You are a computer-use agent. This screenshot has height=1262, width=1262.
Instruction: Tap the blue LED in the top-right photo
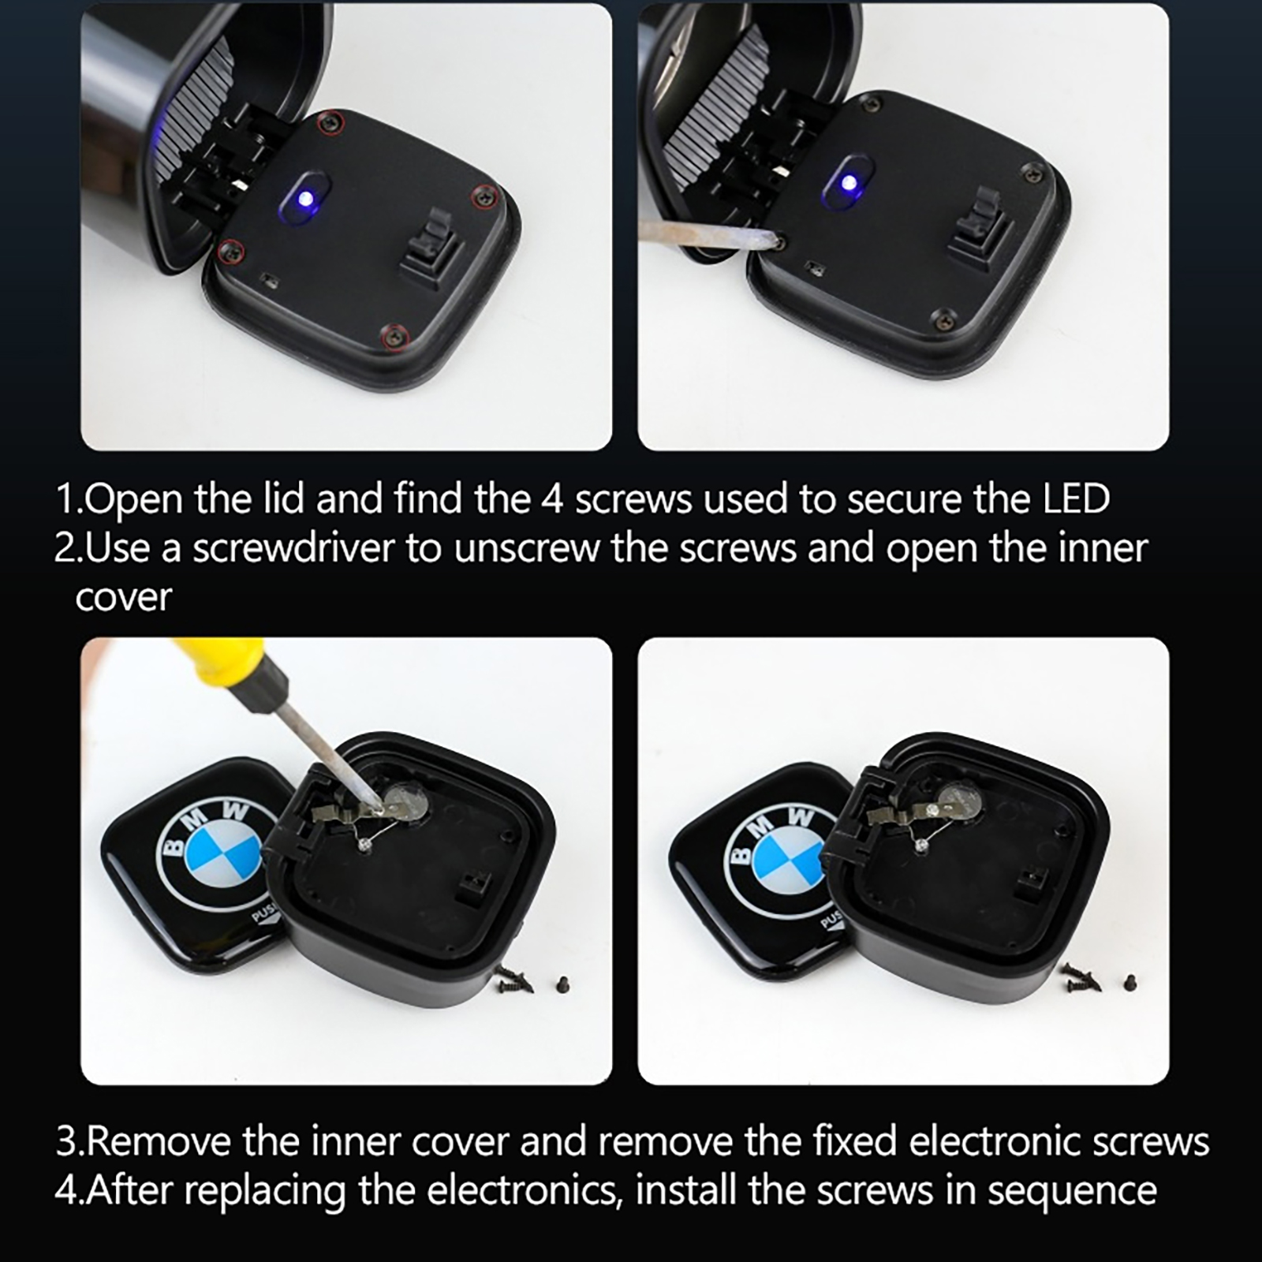point(849,185)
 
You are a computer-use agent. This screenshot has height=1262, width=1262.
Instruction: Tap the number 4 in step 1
point(552,498)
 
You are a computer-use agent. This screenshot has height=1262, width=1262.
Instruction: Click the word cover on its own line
point(123,597)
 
